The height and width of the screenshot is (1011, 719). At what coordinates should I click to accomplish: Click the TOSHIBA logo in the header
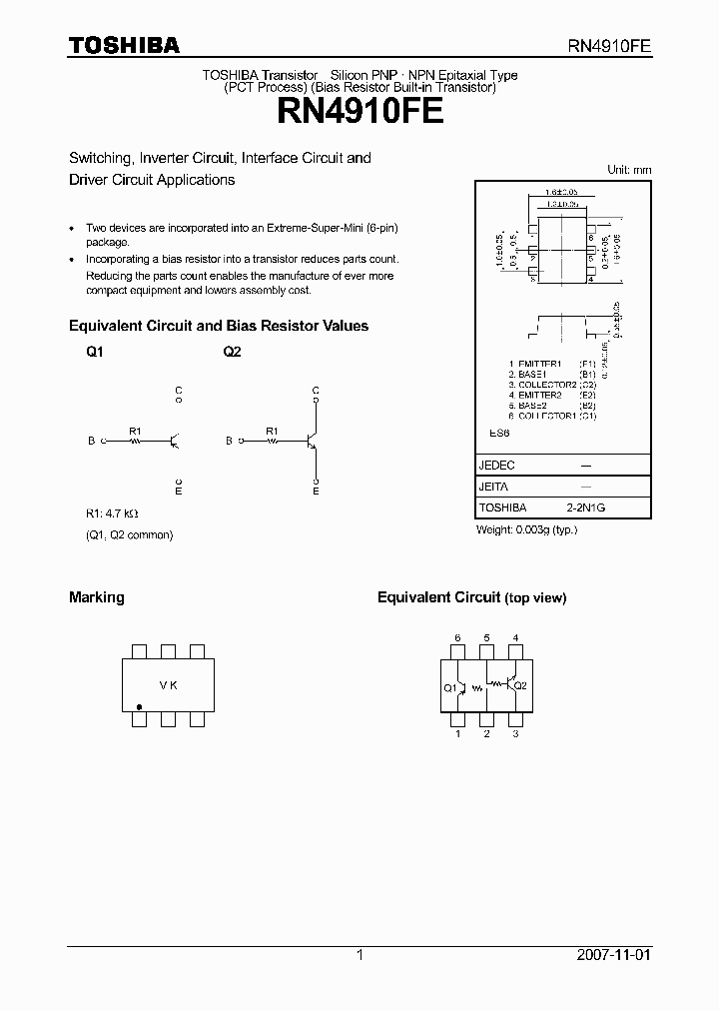(123, 45)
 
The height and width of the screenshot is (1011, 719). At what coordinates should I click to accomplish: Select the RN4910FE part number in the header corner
(609, 46)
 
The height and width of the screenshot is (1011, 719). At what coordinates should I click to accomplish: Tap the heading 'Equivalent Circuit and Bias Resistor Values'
(218, 326)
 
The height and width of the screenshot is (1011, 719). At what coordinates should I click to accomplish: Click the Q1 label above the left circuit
(94, 353)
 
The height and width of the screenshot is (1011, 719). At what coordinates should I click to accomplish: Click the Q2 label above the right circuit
(232, 353)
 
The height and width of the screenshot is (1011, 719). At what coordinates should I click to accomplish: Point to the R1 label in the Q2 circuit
(272, 431)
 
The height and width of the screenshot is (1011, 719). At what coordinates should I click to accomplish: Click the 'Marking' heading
(96, 597)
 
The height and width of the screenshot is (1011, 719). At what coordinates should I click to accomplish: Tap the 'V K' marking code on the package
(168, 686)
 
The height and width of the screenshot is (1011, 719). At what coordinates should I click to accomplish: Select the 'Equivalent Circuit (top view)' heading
(471, 597)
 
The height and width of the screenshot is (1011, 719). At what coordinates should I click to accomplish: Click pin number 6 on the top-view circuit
(457, 637)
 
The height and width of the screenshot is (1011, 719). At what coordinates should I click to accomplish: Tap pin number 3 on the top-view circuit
(515, 734)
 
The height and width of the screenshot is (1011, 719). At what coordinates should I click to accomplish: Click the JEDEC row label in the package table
(497, 466)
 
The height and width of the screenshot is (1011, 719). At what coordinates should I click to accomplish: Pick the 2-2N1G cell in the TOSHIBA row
(586, 507)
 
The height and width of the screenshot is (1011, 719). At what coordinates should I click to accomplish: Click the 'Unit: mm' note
(629, 170)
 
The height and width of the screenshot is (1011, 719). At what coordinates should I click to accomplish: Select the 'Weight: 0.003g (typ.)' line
(526, 529)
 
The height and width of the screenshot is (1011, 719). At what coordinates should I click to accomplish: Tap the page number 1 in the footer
(359, 955)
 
